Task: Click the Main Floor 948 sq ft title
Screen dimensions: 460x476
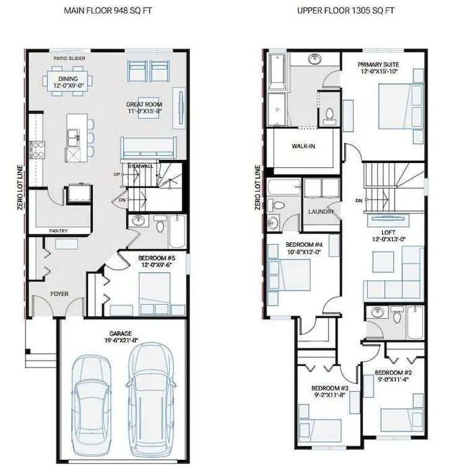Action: pyautogui.click(x=108, y=11)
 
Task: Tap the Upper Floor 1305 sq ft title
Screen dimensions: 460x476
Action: pyautogui.click(x=345, y=11)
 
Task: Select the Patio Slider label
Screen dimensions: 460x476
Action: pyautogui.click(x=69, y=58)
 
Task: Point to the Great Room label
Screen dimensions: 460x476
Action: pyautogui.click(x=144, y=104)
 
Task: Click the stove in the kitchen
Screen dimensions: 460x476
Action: pyautogui.click(x=37, y=150)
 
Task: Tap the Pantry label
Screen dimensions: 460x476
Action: pyautogui.click(x=59, y=231)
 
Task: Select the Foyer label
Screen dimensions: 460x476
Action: pyautogui.click(x=59, y=294)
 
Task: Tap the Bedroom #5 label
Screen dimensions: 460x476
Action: pyautogui.click(x=157, y=258)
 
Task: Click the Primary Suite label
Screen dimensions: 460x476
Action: pyautogui.click(x=378, y=64)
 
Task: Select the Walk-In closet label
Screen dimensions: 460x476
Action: pyautogui.click(x=303, y=146)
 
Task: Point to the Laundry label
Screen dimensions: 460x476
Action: pyautogui.click(x=321, y=211)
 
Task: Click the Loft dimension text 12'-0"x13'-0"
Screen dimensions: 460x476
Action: pyautogui.click(x=389, y=239)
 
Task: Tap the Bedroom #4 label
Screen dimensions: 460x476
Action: pyautogui.click(x=304, y=245)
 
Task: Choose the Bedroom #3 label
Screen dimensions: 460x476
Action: pyautogui.click(x=330, y=388)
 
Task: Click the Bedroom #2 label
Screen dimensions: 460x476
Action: pyautogui.click(x=393, y=372)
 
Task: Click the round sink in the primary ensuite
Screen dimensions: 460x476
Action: pyautogui.click(x=315, y=59)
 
